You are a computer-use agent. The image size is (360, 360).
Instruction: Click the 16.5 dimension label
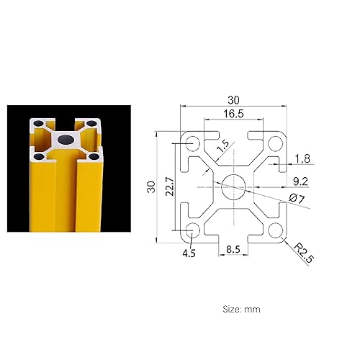(x=233, y=113)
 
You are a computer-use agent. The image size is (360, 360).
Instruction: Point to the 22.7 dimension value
(x=168, y=186)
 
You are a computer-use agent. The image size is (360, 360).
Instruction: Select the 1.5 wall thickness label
(x=222, y=145)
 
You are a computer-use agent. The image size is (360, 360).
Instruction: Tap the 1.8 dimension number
(x=303, y=157)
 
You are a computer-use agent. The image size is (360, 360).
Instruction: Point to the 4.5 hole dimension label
(x=189, y=253)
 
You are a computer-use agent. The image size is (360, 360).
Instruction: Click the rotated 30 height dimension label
(x=151, y=186)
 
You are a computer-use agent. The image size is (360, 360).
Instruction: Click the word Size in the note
(x=230, y=309)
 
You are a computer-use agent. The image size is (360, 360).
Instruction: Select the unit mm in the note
(x=253, y=309)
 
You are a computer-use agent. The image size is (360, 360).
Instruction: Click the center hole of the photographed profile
(x=65, y=138)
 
